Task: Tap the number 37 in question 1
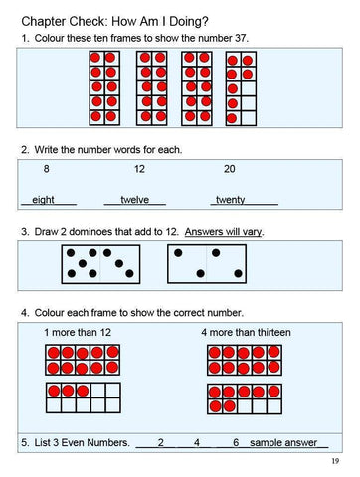coord(237,38)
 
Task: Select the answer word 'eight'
coord(43,200)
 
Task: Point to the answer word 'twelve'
coord(134,200)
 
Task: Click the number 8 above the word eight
coord(47,169)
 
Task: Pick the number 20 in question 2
coord(230,169)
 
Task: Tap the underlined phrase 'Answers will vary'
coord(224,232)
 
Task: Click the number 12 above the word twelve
coord(139,169)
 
